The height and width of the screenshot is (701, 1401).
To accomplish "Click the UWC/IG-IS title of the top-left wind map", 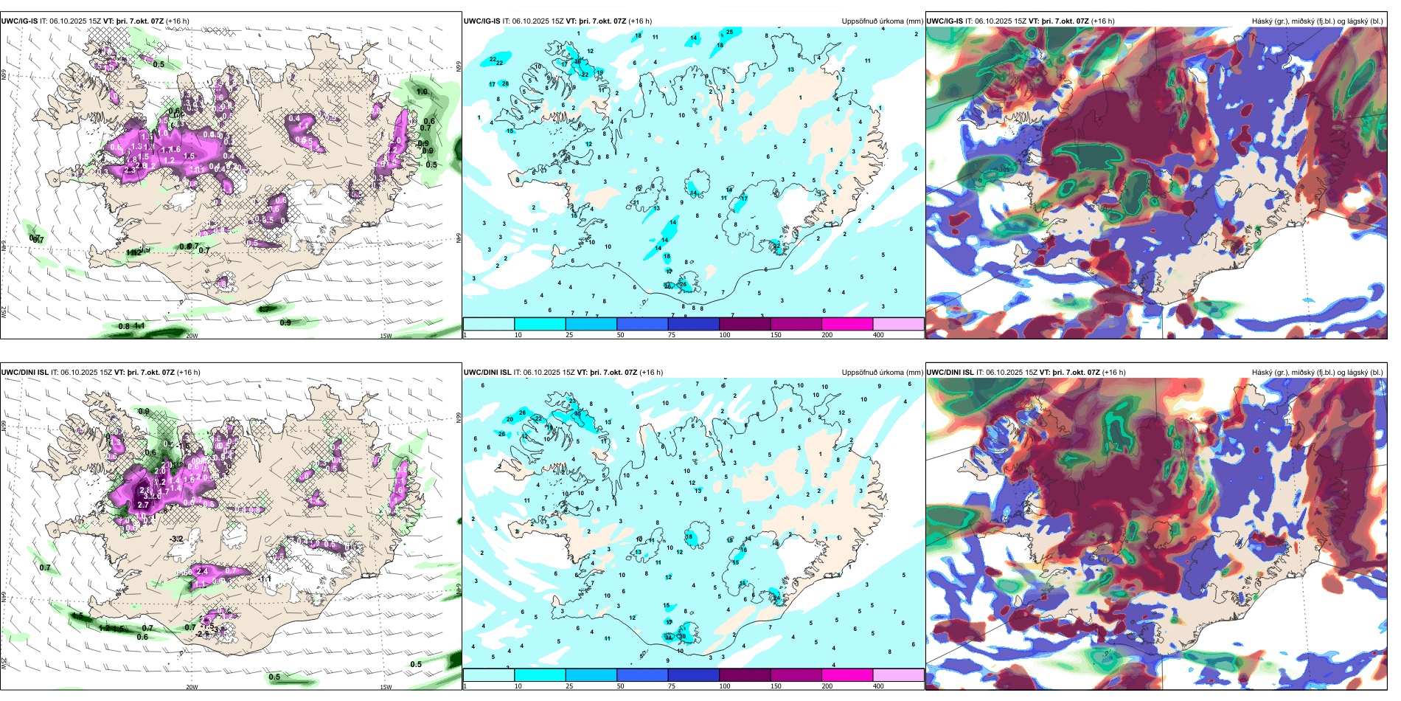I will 20,21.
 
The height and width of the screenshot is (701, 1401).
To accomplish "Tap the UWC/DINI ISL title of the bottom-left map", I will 25,372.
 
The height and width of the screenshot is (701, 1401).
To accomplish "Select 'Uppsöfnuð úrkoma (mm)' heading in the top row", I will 882,21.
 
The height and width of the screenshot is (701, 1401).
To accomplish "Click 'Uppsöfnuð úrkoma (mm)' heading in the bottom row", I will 882,372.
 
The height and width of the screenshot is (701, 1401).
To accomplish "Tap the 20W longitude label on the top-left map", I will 192,336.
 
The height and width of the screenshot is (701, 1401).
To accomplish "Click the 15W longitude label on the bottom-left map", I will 385,686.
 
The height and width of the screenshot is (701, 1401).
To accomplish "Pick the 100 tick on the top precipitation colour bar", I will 724,335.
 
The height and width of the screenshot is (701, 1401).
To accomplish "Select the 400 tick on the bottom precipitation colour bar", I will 878,686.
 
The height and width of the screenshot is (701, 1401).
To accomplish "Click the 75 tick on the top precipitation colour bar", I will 672,335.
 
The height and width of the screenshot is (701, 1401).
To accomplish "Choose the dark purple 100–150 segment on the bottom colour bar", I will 744,674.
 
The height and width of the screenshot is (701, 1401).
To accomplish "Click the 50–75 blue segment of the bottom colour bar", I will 642,674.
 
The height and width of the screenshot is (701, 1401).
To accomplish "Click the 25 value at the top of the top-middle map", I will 729,32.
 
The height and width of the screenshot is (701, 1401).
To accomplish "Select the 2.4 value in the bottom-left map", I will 204,570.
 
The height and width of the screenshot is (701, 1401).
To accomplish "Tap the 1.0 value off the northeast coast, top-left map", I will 422,92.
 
